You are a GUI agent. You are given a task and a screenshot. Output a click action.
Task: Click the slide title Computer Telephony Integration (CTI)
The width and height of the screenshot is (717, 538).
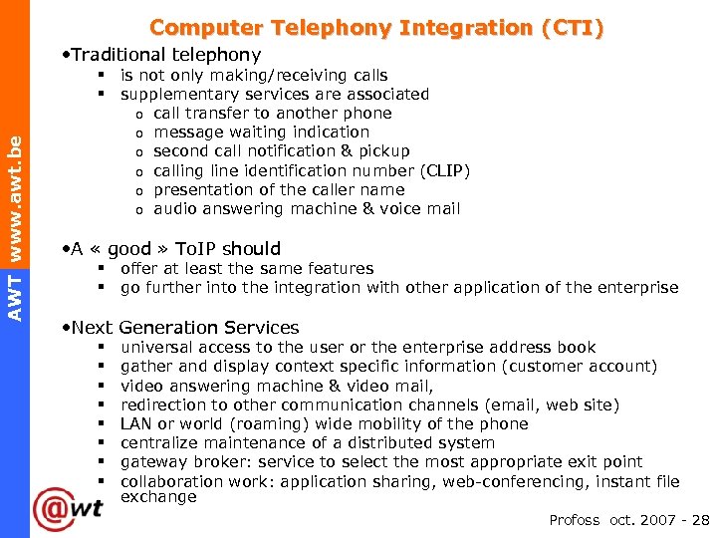pos(376,28)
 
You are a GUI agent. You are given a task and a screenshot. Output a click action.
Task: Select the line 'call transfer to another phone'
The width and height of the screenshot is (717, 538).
pos(272,113)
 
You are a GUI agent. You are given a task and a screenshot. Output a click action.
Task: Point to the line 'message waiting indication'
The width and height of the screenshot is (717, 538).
pos(261,132)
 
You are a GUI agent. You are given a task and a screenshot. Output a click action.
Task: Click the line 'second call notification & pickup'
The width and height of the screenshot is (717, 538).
pos(281,150)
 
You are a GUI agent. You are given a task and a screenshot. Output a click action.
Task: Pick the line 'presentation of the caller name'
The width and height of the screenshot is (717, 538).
pos(279,189)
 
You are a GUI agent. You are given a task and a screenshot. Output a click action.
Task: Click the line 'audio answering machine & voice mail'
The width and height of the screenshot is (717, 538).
pos(307,208)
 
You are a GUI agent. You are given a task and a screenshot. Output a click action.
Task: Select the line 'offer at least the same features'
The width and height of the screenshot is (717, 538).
pos(247,268)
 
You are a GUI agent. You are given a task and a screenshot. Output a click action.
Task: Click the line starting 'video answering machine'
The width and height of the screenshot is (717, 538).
pos(277,386)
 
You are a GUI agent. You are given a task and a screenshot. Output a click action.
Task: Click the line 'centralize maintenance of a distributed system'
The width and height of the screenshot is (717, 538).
pos(307,442)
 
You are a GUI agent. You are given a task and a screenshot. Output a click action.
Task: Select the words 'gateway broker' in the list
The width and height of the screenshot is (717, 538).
pos(176,461)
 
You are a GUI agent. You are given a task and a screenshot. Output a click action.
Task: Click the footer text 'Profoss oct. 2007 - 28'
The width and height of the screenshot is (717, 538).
pos(628,520)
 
